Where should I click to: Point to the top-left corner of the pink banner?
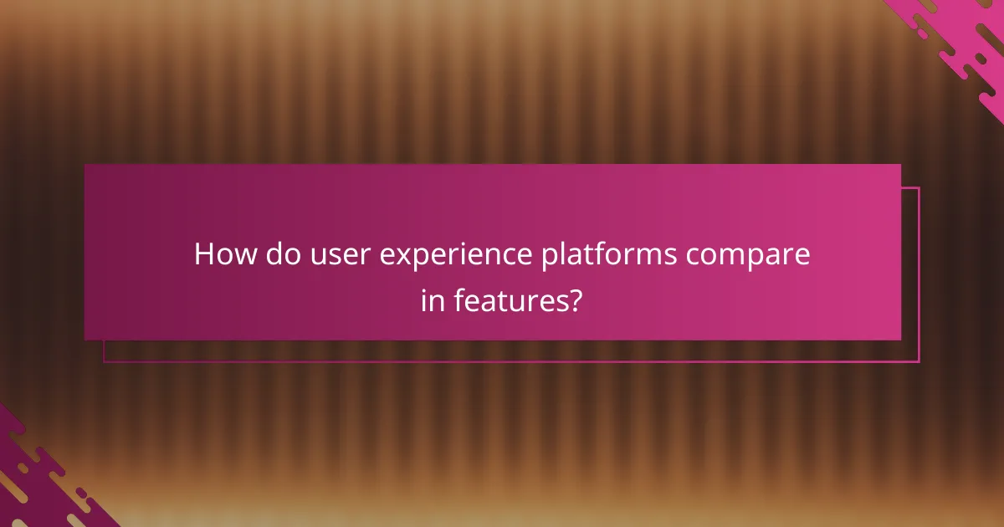85,165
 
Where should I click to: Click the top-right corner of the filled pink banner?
900,165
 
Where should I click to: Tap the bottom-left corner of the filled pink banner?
85,340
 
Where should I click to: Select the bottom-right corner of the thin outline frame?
919,361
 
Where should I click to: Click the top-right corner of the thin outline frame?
919,188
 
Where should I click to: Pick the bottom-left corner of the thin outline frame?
104,361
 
